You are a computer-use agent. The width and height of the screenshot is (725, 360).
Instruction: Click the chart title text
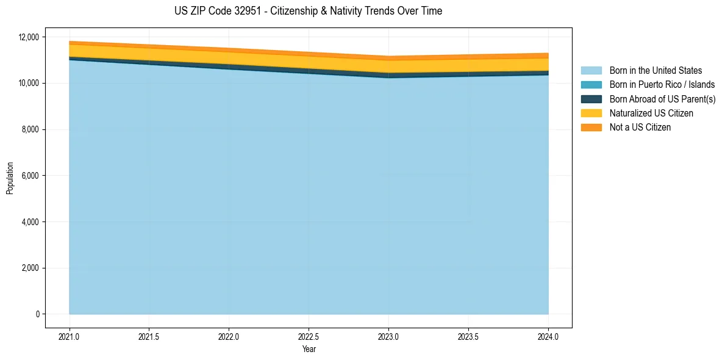tap(308, 11)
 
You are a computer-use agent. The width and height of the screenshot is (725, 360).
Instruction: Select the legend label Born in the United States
tap(655, 71)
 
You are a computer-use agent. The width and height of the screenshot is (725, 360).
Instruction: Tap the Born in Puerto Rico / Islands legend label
tap(662, 85)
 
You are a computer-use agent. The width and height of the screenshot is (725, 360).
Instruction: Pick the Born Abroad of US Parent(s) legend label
tap(662, 99)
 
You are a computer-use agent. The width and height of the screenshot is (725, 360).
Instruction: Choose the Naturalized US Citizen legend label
tap(651, 113)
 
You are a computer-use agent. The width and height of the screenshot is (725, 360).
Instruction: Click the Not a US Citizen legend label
tap(640, 127)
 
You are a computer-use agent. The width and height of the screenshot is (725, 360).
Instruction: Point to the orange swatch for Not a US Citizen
tap(591, 127)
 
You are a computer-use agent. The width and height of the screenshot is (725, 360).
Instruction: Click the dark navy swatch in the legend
tap(591, 99)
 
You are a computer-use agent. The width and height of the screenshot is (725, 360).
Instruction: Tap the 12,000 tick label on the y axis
tap(29, 37)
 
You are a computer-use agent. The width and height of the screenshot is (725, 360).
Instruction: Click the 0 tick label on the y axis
tap(37, 314)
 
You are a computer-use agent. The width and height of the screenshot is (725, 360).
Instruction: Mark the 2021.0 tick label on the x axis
tap(70, 336)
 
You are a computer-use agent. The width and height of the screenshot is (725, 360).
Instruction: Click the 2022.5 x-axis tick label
tap(309, 336)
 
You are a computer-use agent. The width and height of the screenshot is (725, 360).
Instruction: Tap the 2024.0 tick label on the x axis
tap(548, 336)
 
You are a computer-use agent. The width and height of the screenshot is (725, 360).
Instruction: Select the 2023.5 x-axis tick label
tap(468, 336)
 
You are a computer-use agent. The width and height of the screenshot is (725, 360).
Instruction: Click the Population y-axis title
tap(10, 178)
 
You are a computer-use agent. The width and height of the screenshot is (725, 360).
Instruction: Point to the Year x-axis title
tap(309, 349)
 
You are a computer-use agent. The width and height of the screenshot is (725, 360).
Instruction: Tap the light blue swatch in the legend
tap(591, 71)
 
